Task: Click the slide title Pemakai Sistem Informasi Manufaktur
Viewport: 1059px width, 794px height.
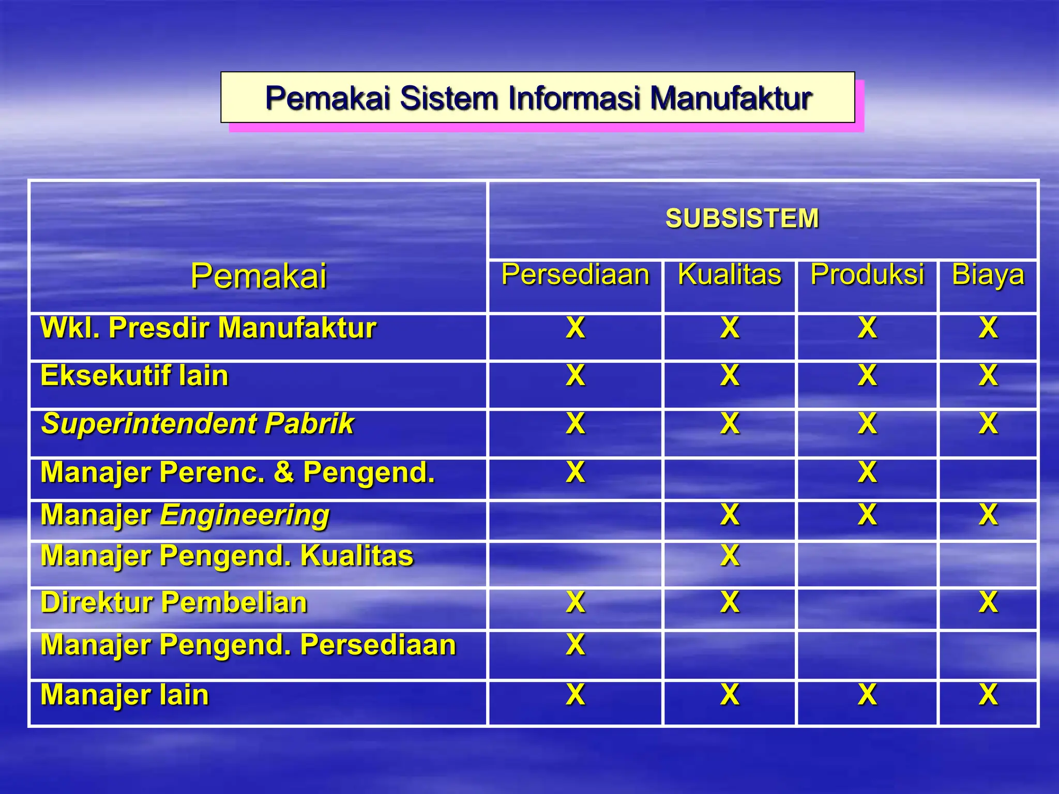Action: coord(538,98)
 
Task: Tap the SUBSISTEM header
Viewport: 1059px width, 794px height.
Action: coord(742,218)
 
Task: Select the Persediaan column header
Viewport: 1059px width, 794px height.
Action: coord(575,274)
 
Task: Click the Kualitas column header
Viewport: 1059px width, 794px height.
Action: coord(730,274)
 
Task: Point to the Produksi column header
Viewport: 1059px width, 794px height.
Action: coord(867,274)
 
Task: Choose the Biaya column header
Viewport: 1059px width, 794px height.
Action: coord(988,274)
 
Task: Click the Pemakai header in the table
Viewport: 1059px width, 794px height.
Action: coord(259,276)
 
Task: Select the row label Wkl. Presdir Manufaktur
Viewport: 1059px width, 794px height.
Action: coord(208,328)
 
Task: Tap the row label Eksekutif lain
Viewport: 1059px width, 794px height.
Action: coord(134,376)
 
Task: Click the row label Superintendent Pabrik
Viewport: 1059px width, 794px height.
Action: coord(198,424)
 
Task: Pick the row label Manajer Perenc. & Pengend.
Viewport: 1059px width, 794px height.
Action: coord(238,472)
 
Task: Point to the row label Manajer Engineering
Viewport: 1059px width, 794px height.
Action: coord(185,515)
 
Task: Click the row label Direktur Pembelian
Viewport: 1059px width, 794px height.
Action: coord(174,603)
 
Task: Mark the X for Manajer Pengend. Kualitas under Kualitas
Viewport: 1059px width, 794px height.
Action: coord(730,556)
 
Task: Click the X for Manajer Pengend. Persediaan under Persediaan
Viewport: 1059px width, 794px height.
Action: coord(576,645)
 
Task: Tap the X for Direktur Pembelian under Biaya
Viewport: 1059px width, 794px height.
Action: coord(988,602)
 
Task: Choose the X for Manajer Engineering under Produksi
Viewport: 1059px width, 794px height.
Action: coord(867,515)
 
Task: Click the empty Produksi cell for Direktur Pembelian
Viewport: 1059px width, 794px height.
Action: coord(867,608)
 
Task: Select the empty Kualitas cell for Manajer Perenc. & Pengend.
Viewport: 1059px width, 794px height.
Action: coord(730,479)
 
